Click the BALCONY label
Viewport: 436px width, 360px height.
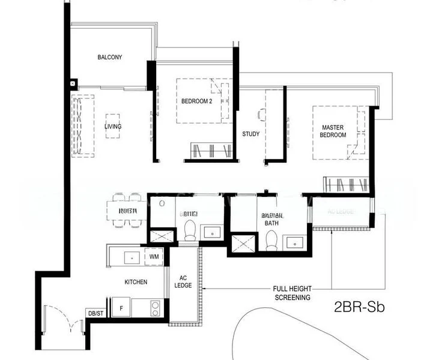pyautogui.click(x=110, y=58)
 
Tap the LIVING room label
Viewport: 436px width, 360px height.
pyautogui.click(x=112, y=127)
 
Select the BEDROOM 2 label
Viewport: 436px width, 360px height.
pyautogui.click(x=196, y=101)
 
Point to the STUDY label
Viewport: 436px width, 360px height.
pyautogui.click(x=251, y=134)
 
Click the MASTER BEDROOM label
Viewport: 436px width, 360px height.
pyautogui.click(x=333, y=131)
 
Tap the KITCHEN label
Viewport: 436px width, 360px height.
pyautogui.click(x=136, y=282)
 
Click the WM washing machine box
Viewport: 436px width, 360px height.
pyautogui.click(x=154, y=257)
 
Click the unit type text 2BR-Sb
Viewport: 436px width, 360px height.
pyautogui.click(x=359, y=309)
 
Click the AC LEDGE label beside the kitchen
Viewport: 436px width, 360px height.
pyautogui.click(x=183, y=281)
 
